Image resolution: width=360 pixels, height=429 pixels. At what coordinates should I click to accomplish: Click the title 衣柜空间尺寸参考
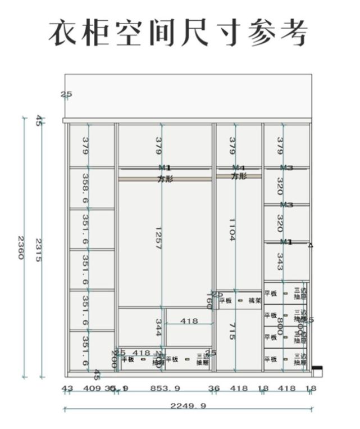(179, 32)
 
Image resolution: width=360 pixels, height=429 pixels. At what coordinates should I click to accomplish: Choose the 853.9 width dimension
(166, 388)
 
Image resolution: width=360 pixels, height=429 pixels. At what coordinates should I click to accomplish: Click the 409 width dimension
(92, 388)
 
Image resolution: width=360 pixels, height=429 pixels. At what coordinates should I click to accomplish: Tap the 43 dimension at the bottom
(67, 388)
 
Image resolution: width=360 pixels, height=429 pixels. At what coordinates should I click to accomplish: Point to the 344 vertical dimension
(159, 327)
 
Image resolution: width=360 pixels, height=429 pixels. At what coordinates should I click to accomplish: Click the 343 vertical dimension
(280, 261)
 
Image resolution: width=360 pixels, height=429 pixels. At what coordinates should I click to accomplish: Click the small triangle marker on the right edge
(311, 245)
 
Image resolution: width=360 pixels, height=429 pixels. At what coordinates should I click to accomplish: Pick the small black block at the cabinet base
(317, 371)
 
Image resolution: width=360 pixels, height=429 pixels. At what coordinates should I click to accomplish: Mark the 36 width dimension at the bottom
(214, 388)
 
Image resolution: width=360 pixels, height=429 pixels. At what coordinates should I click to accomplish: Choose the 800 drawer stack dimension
(280, 327)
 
